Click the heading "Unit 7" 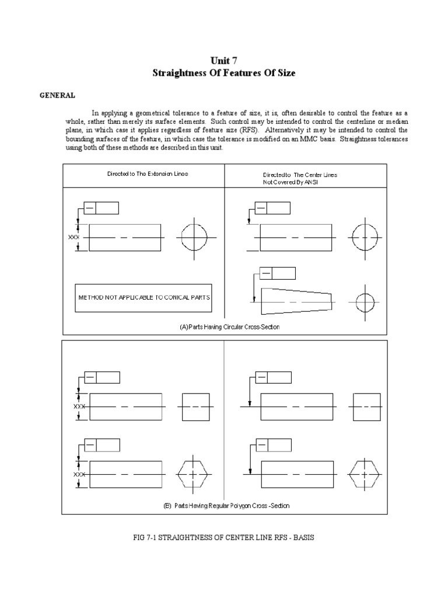pyautogui.click(x=224, y=60)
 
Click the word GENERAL pyautogui.click(x=57, y=95)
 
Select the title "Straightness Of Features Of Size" pyautogui.click(x=224, y=73)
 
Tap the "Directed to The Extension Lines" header pyautogui.click(x=148, y=173)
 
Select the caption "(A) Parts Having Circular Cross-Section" pyautogui.click(x=229, y=327)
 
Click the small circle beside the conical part pyautogui.click(x=365, y=302)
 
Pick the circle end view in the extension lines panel pyautogui.click(x=193, y=238)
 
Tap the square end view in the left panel pyautogui.click(x=195, y=406)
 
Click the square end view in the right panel pyautogui.click(x=367, y=406)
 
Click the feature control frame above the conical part pyautogui.click(x=278, y=273)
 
